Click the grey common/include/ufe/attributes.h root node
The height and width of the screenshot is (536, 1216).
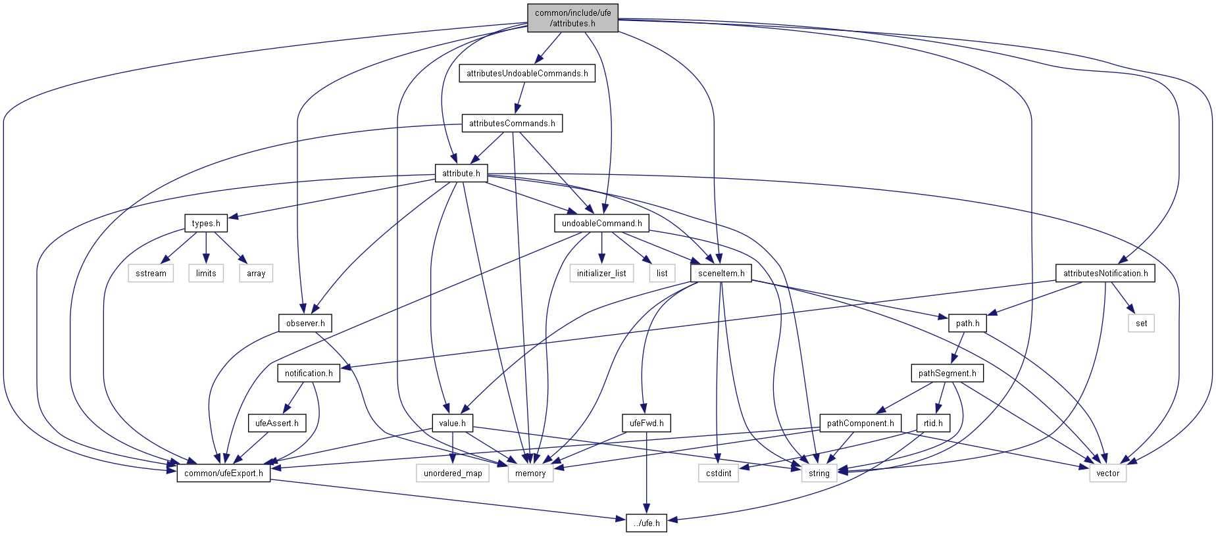pos(572,18)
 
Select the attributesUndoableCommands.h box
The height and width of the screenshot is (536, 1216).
pos(527,73)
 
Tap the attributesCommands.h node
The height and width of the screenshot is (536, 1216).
pos(512,123)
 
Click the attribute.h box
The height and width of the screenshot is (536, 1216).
pos(461,173)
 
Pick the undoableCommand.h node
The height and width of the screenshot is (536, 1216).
pos(601,223)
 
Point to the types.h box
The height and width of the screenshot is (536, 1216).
pos(206,223)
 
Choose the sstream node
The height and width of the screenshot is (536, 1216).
pos(151,273)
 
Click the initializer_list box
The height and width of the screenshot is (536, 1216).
pos(601,273)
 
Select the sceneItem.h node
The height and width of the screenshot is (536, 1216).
pos(721,273)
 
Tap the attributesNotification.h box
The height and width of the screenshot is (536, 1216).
pos(1105,273)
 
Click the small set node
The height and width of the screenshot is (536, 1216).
pos(1141,323)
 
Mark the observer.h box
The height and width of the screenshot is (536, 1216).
pos(305,323)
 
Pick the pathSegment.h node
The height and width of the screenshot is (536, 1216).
pos(947,373)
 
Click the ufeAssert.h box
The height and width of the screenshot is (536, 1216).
pos(276,423)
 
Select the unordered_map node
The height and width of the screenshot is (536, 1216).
pos(453,473)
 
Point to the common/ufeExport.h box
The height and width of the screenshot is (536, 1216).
pos(224,473)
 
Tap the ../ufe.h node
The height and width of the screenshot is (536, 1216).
pos(646,523)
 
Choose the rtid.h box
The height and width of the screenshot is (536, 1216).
pos(933,423)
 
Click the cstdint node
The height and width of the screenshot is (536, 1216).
pos(719,473)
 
